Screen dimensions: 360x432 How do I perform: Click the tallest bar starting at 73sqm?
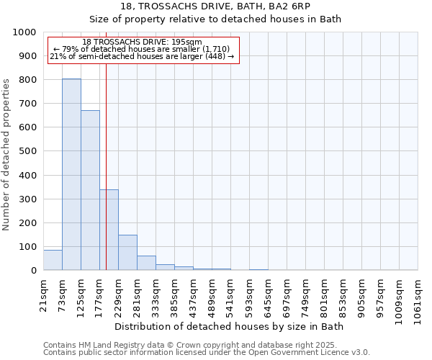click(71, 174)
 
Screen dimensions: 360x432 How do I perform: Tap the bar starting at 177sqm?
click(109, 230)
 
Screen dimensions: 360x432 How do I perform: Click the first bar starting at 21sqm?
click(53, 260)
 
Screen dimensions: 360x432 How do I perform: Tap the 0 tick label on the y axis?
click(34, 271)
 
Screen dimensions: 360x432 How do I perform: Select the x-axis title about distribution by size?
click(230, 327)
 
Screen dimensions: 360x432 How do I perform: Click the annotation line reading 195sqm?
click(142, 42)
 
